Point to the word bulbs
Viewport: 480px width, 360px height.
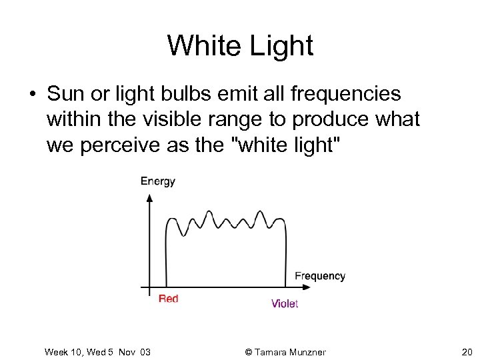[x=174, y=95]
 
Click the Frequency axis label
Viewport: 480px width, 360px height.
[x=320, y=276]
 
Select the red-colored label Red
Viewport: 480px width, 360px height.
[x=169, y=299]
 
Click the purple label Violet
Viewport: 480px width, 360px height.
[x=285, y=303]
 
